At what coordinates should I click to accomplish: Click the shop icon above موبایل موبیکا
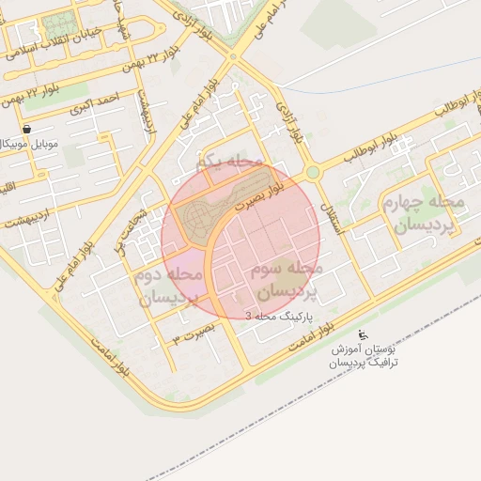pyautogui.click(x=25, y=129)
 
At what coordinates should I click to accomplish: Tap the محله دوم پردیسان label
pyautogui.click(x=170, y=287)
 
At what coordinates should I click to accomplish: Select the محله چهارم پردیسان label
pyautogui.click(x=419, y=214)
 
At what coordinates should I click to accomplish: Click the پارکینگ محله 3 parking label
pyautogui.click(x=281, y=318)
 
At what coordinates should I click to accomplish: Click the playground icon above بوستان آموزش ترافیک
pyautogui.click(x=364, y=334)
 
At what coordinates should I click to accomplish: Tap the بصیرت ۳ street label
pyautogui.click(x=190, y=333)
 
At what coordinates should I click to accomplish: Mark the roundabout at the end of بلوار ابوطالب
pyautogui.click(x=312, y=172)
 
